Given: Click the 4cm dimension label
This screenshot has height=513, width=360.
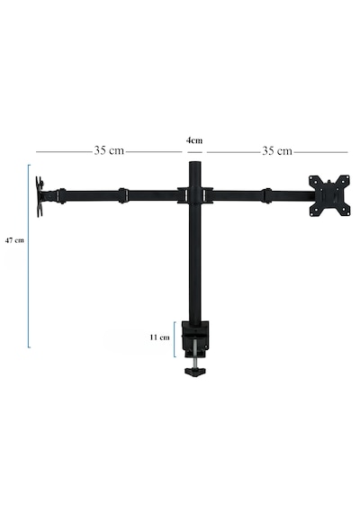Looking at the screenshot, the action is [x=194, y=140].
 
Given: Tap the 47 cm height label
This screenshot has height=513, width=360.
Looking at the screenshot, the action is [x=14, y=240].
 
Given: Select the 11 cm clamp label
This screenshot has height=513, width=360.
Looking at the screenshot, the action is [x=159, y=337].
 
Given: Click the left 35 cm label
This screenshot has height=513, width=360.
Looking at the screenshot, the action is [x=109, y=150].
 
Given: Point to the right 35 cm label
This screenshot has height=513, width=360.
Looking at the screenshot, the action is [x=277, y=151].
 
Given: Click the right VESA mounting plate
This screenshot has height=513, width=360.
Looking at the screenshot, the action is [x=329, y=195].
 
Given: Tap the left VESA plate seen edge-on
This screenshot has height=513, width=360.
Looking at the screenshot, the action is [x=40, y=196].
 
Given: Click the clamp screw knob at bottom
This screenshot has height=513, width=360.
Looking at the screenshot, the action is [x=195, y=372].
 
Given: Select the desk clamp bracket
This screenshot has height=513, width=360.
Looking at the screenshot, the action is [x=195, y=339].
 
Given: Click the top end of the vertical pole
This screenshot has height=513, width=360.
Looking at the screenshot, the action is [x=195, y=163].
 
